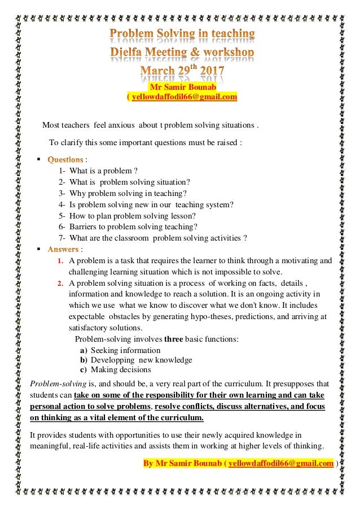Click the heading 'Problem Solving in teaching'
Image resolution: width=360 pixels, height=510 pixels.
coord(182,34)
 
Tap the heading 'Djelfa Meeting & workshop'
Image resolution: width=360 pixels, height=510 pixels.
coord(182,53)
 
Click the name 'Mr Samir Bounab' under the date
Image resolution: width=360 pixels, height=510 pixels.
coord(182,88)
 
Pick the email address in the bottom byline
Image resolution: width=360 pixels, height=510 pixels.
coord(280,464)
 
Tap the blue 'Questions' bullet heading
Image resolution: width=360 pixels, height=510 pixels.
coord(65,159)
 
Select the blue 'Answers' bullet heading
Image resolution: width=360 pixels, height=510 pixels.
coord(63,249)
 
